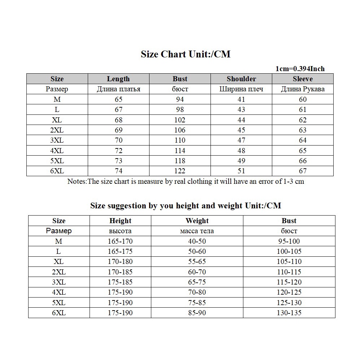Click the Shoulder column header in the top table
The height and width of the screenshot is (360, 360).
click(x=241, y=79)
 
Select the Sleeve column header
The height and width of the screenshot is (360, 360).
click(x=303, y=79)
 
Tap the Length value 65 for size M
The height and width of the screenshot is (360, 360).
click(x=118, y=99)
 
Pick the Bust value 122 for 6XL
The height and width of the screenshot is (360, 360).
click(x=180, y=171)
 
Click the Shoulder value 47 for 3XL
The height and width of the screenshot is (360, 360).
click(x=241, y=140)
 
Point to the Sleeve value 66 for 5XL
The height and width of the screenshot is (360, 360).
click(x=303, y=161)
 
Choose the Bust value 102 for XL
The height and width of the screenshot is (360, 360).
click(x=180, y=120)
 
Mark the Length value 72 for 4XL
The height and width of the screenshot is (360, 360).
click(x=118, y=151)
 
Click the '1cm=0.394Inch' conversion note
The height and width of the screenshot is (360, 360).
click(x=300, y=69)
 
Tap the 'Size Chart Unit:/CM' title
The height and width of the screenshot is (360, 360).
click(x=185, y=55)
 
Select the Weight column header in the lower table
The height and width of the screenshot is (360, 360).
click(x=197, y=221)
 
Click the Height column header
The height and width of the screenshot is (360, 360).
click(x=120, y=221)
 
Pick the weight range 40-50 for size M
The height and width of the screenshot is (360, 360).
click(x=197, y=241)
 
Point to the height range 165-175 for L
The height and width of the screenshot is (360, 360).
click(x=120, y=251)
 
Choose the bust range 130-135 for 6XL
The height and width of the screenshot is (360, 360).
click(x=289, y=313)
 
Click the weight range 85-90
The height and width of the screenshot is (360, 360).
click(x=197, y=313)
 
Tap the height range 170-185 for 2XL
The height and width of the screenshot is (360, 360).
click(x=120, y=272)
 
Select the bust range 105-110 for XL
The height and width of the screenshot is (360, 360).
click(x=289, y=261)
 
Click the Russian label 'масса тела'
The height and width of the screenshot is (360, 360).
click(x=197, y=231)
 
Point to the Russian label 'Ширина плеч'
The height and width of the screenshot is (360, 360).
click(x=241, y=89)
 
